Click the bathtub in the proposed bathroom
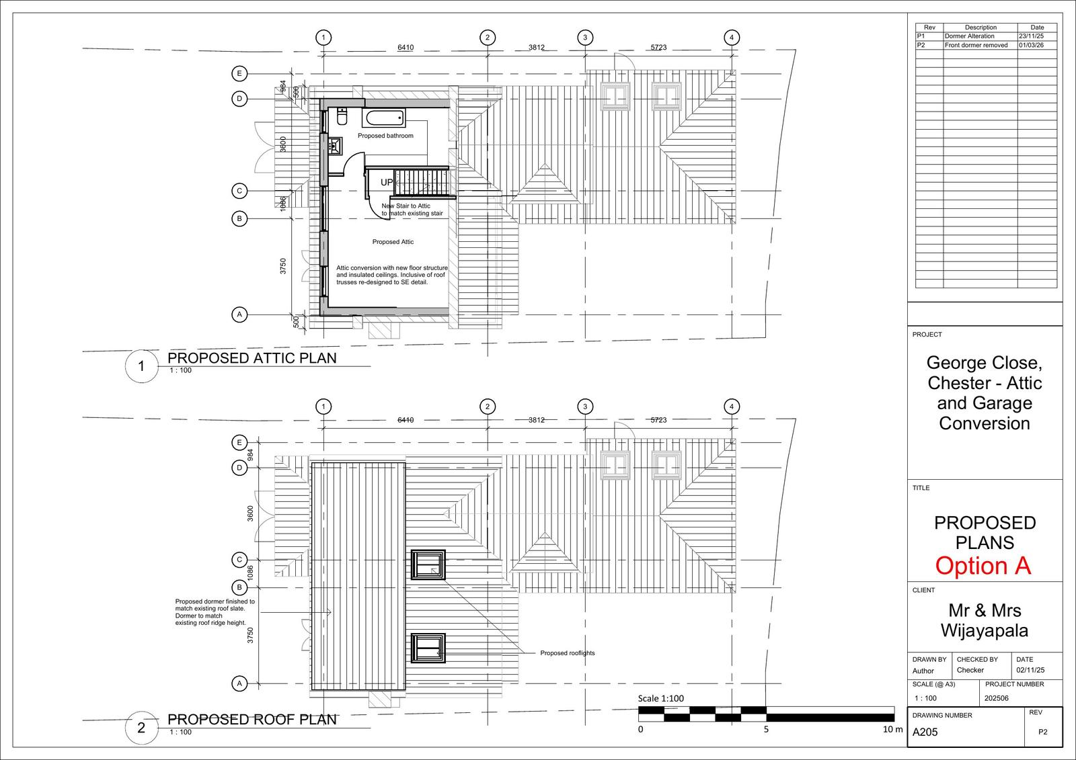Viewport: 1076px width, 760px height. (385, 119)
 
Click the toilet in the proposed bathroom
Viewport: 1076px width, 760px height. (341, 117)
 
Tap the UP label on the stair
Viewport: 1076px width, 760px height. (387, 182)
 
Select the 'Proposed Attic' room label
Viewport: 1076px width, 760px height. (393, 242)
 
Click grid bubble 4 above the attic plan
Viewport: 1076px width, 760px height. (732, 38)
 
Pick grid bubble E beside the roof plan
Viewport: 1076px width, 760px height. (238, 442)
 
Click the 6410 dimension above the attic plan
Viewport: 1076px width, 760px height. (406, 48)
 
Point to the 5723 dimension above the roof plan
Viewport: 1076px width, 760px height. (658, 420)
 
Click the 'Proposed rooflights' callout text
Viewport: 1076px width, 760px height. (567, 653)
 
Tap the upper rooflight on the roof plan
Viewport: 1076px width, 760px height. (428, 564)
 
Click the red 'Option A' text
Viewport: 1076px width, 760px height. (983, 566)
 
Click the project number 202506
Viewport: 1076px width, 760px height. (997, 698)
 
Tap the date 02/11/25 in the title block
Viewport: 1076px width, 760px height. (1030, 671)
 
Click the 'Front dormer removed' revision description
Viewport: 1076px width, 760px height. (976, 45)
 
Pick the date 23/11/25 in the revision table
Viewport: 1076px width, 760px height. (1032, 36)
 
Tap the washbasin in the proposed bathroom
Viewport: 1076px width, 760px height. (334, 144)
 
